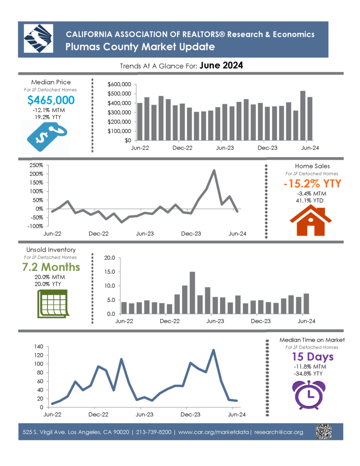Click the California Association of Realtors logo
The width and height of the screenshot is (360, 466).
(x=38, y=39)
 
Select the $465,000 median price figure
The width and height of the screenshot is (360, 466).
(x=51, y=100)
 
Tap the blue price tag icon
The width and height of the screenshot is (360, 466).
(x=47, y=137)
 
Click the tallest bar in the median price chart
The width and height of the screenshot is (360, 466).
(x=303, y=116)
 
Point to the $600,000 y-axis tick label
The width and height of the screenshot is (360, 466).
(x=119, y=84)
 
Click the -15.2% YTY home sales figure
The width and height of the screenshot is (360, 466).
(x=312, y=184)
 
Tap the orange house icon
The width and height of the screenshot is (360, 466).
(x=310, y=220)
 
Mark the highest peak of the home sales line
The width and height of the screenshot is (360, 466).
(x=214, y=171)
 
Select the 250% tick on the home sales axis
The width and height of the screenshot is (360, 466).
(x=36, y=165)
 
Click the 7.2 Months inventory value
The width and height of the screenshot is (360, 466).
(x=51, y=267)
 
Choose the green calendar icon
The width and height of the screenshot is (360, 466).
(x=53, y=304)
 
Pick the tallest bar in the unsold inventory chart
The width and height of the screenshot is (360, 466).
(x=193, y=293)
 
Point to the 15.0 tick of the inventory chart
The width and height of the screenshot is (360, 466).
(x=110, y=272)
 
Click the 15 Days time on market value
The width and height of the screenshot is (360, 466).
(x=312, y=357)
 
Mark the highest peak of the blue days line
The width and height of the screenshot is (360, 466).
(x=213, y=350)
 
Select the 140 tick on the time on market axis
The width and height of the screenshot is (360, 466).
(x=39, y=346)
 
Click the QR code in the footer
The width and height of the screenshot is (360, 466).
(x=324, y=431)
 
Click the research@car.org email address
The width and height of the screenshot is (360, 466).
(x=279, y=432)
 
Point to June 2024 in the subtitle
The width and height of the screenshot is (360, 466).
(x=221, y=66)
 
